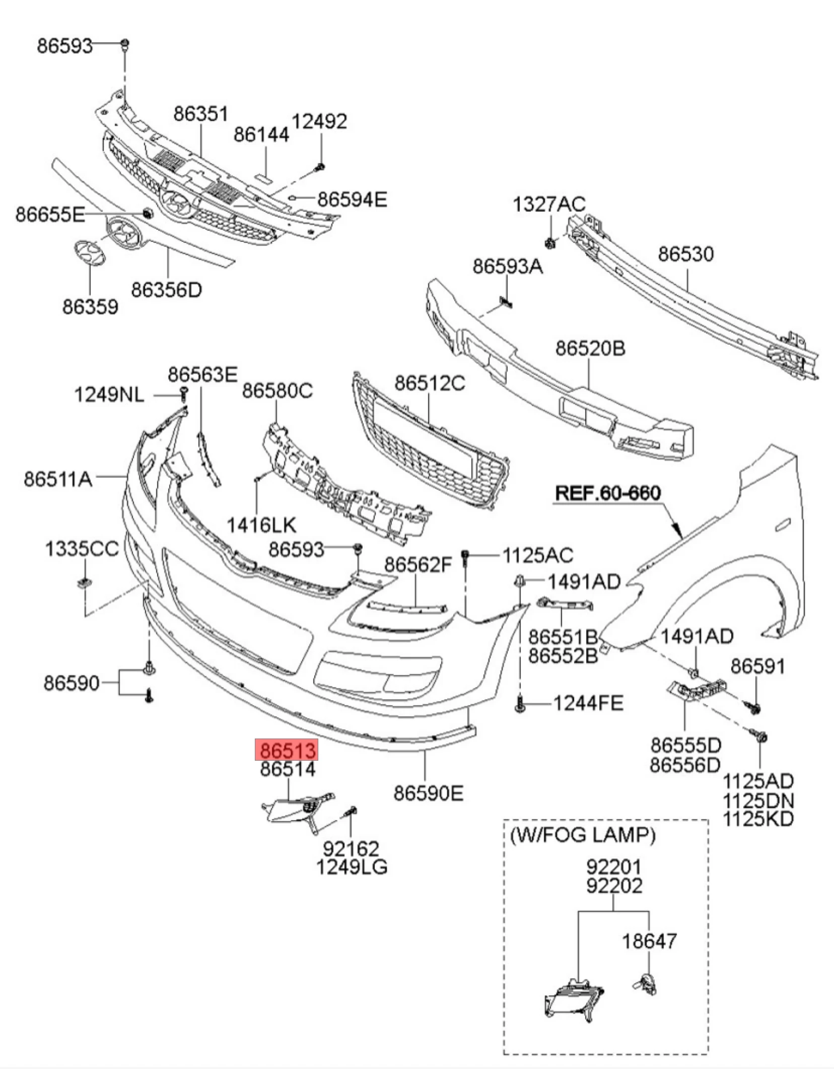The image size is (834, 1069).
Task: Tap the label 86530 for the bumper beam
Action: [x=685, y=254]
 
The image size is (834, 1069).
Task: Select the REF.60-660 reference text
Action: [x=607, y=493]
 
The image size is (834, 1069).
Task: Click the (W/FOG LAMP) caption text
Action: [x=583, y=836]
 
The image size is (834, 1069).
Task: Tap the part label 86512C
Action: [x=430, y=383]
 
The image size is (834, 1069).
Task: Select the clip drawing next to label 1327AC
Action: [x=550, y=242]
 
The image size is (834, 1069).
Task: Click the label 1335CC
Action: [x=82, y=549]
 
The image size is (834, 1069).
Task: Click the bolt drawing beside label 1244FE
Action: [x=520, y=703]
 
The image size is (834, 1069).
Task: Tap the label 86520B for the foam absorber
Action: [x=590, y=348]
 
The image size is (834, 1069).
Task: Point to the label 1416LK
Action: [x=261, y=525]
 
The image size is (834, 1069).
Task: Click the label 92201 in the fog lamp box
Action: [x=614, y=867]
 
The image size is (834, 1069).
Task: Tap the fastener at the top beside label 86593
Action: [x=125, y=44]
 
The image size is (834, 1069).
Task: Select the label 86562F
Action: [x=419, y=565]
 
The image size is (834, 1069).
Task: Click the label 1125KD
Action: [x=758, y=819]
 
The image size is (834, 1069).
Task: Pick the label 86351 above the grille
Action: [x=201, y=114]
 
